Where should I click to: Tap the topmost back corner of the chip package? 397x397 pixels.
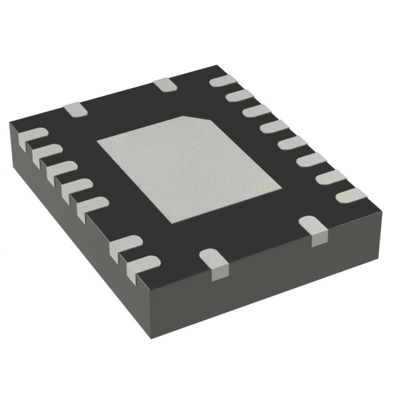[x=219, y=66]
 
